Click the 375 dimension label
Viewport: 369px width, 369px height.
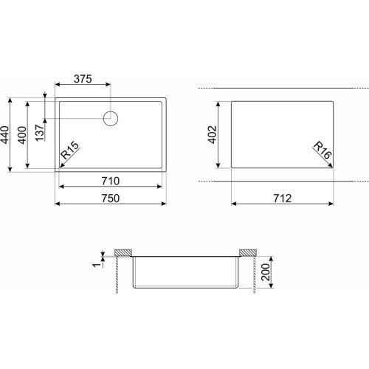[83, 79]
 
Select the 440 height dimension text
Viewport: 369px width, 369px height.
[5, 135]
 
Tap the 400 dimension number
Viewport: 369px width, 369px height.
[22, 135]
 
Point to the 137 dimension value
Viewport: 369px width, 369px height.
[40, 133]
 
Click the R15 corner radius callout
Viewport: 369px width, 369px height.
[70, 151]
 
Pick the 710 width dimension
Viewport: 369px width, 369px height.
[111, 181]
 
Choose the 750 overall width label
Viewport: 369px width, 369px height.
[111, 199]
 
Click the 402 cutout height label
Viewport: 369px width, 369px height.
[213, 134]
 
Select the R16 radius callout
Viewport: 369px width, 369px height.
[323, 150]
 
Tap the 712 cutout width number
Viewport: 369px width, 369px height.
[283, 199]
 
